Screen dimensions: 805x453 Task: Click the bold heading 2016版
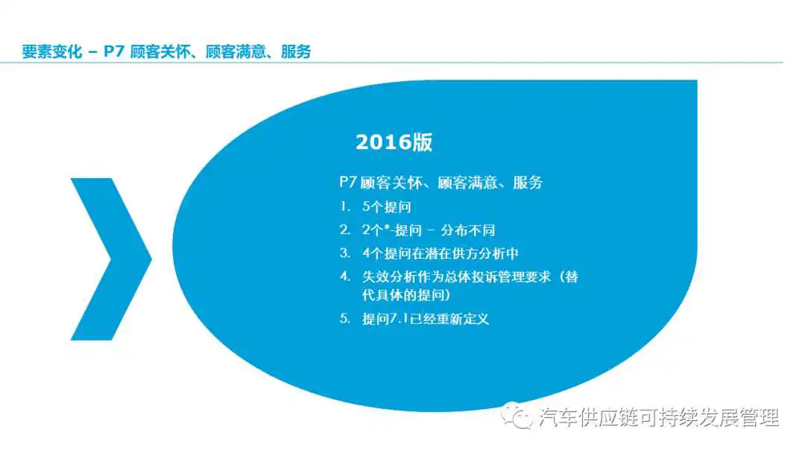pyautogui.click(x=394, y=142)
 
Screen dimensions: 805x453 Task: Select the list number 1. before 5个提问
pyautogui.click(x=345, y=206)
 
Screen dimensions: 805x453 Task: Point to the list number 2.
pyautogui.click(x=345, y=229)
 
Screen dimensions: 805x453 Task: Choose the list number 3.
pyautogui.click(x=345, y=253)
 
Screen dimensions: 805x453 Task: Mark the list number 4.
pyautogui.click(x=345, y=276)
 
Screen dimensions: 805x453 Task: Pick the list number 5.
pyautogui.click(x=345, y=319)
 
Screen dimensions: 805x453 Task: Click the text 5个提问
pyautogui.click(x=387, y=206)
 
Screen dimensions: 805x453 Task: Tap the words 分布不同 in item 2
pyautogui.click(x=467, y=230)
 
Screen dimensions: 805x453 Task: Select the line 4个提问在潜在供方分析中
pyautogui.click(x=440, y=253)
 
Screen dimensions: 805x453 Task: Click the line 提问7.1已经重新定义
pyautogui.click(x=426, y=319)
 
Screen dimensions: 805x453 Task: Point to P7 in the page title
pyautogui.click(x=114, y=51)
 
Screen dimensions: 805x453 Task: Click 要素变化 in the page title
pyautogui.click(x=52, y=51)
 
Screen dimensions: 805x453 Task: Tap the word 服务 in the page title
pyautogui.click(x=296, y=51)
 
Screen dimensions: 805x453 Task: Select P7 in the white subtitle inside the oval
pyautogui.click(x=348, y=182)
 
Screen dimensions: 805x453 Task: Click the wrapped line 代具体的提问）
pyautogui.click(x=407, y=295)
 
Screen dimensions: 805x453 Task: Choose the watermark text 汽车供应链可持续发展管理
pyautogui.click(x=659, y=417)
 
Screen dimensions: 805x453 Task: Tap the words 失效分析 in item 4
pyautogui.click(x=388, y=277)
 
